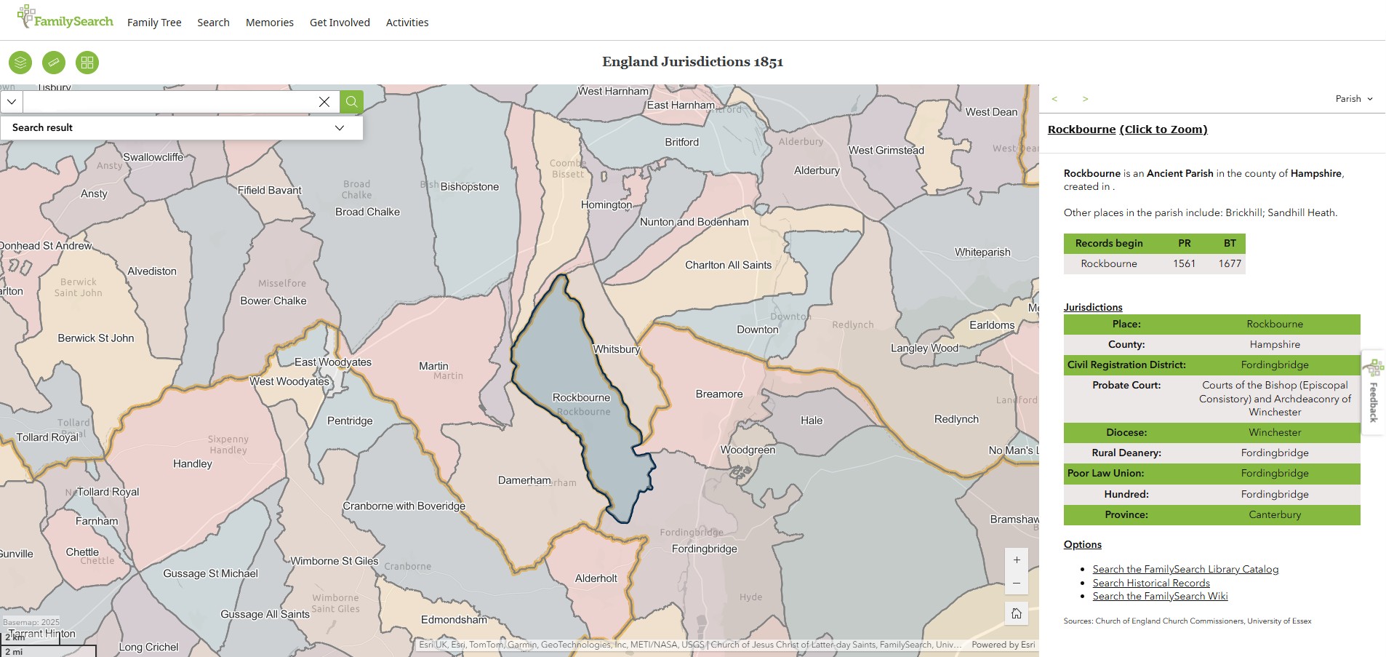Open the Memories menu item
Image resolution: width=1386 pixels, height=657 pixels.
269,23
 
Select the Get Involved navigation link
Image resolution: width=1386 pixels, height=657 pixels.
340,23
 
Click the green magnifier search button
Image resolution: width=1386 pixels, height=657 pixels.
351,102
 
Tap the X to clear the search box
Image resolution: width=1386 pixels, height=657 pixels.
324,102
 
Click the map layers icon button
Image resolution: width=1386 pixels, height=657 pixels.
20,63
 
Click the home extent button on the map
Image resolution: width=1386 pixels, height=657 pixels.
1016,613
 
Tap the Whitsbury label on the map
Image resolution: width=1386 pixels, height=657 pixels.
616,349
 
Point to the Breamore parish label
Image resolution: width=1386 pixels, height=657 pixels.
718,394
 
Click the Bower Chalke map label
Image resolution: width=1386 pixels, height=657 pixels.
273,300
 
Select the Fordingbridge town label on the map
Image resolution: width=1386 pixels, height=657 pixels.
704,549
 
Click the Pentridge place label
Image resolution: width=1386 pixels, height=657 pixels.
350,421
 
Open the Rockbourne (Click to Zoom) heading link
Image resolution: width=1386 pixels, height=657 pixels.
1127,130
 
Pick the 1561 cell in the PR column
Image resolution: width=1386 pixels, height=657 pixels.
1184,263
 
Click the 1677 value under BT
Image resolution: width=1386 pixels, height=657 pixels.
1230,263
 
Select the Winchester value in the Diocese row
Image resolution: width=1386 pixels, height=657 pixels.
1275,432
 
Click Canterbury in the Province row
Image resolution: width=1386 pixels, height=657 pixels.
1275,514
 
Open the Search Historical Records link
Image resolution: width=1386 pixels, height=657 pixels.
1151,583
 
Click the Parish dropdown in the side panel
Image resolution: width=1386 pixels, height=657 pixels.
1353,99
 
